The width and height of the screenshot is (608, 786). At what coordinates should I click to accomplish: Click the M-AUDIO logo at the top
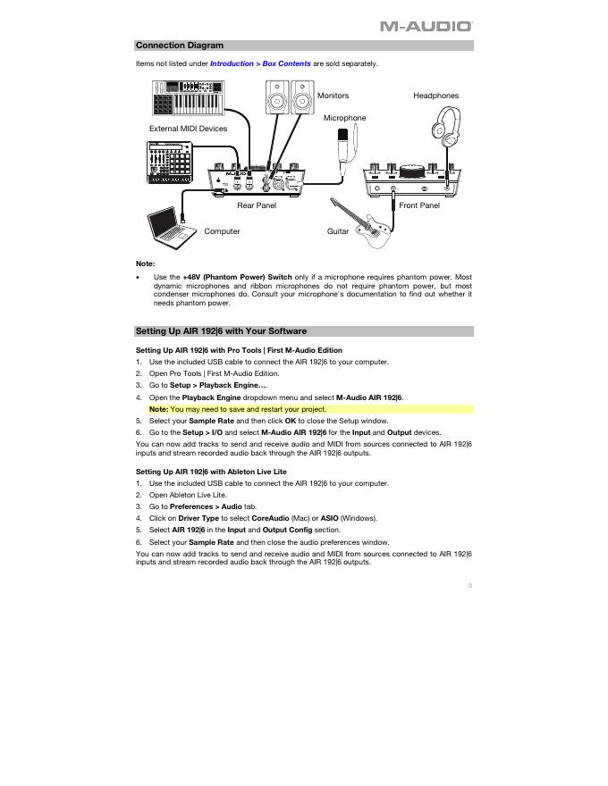(x=426, y=27)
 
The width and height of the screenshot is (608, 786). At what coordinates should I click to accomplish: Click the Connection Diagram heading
(x=180, y=46)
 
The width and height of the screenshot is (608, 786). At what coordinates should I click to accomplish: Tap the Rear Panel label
(x=257, y=205)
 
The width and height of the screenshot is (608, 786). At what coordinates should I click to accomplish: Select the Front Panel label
(x=419, y=205)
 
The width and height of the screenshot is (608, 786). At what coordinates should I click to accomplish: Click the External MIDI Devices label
(x=188, y=129)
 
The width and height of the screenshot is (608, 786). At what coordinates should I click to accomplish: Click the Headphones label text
(x=435, y=96)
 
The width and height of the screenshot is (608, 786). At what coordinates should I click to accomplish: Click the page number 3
(x=469, y=586)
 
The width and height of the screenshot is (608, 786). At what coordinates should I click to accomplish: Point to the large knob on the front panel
(x=412, y=169)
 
